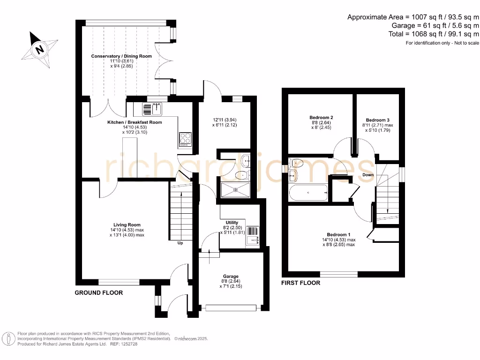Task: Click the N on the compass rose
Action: [x=39, y=49]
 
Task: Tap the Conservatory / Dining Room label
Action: [x=121, y=56]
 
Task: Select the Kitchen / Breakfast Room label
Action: [x=135, y=122]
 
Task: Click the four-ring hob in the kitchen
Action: [x=185, y=139]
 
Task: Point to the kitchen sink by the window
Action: [x=152, y=109]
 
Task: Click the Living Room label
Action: [x=127, y=225]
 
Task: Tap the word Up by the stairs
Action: [x=180, y=243]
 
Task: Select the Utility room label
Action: [x=232, y=223]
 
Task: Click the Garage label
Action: [x=231, y=276]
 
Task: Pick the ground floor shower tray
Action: [x=235, y=190]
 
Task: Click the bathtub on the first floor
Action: [x=308, y=193]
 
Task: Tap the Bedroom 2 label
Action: [x=321, y=118]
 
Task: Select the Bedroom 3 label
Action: [x=378, y=120]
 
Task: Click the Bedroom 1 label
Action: [x=338, y=234]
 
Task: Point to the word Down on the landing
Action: [x=368, y=175]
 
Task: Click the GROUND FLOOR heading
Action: [x=99, y=292]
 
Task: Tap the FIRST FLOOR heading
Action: [x=300, y=283]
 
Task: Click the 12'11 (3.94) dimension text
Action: [x=225, y=120]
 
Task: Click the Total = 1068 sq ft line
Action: [x=434, y=34]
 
